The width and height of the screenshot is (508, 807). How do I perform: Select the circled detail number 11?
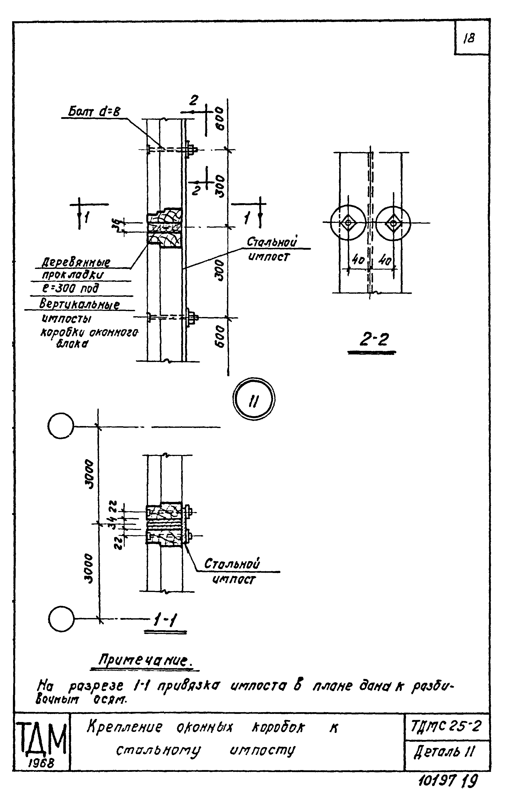tap(254, 399)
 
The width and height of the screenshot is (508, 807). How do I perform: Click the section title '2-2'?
tap(374, 341)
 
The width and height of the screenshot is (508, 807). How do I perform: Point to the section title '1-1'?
tap(165, 621)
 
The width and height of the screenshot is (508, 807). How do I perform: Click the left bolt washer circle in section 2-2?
tap(348, 223)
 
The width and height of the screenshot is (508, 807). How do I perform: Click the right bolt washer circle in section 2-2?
tap(393, 223)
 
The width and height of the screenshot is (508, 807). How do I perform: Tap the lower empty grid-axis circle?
tap(61, 619)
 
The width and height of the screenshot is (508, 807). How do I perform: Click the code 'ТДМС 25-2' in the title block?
tap(446, 727)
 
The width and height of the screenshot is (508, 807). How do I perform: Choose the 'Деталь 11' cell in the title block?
tap(444, 752)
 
